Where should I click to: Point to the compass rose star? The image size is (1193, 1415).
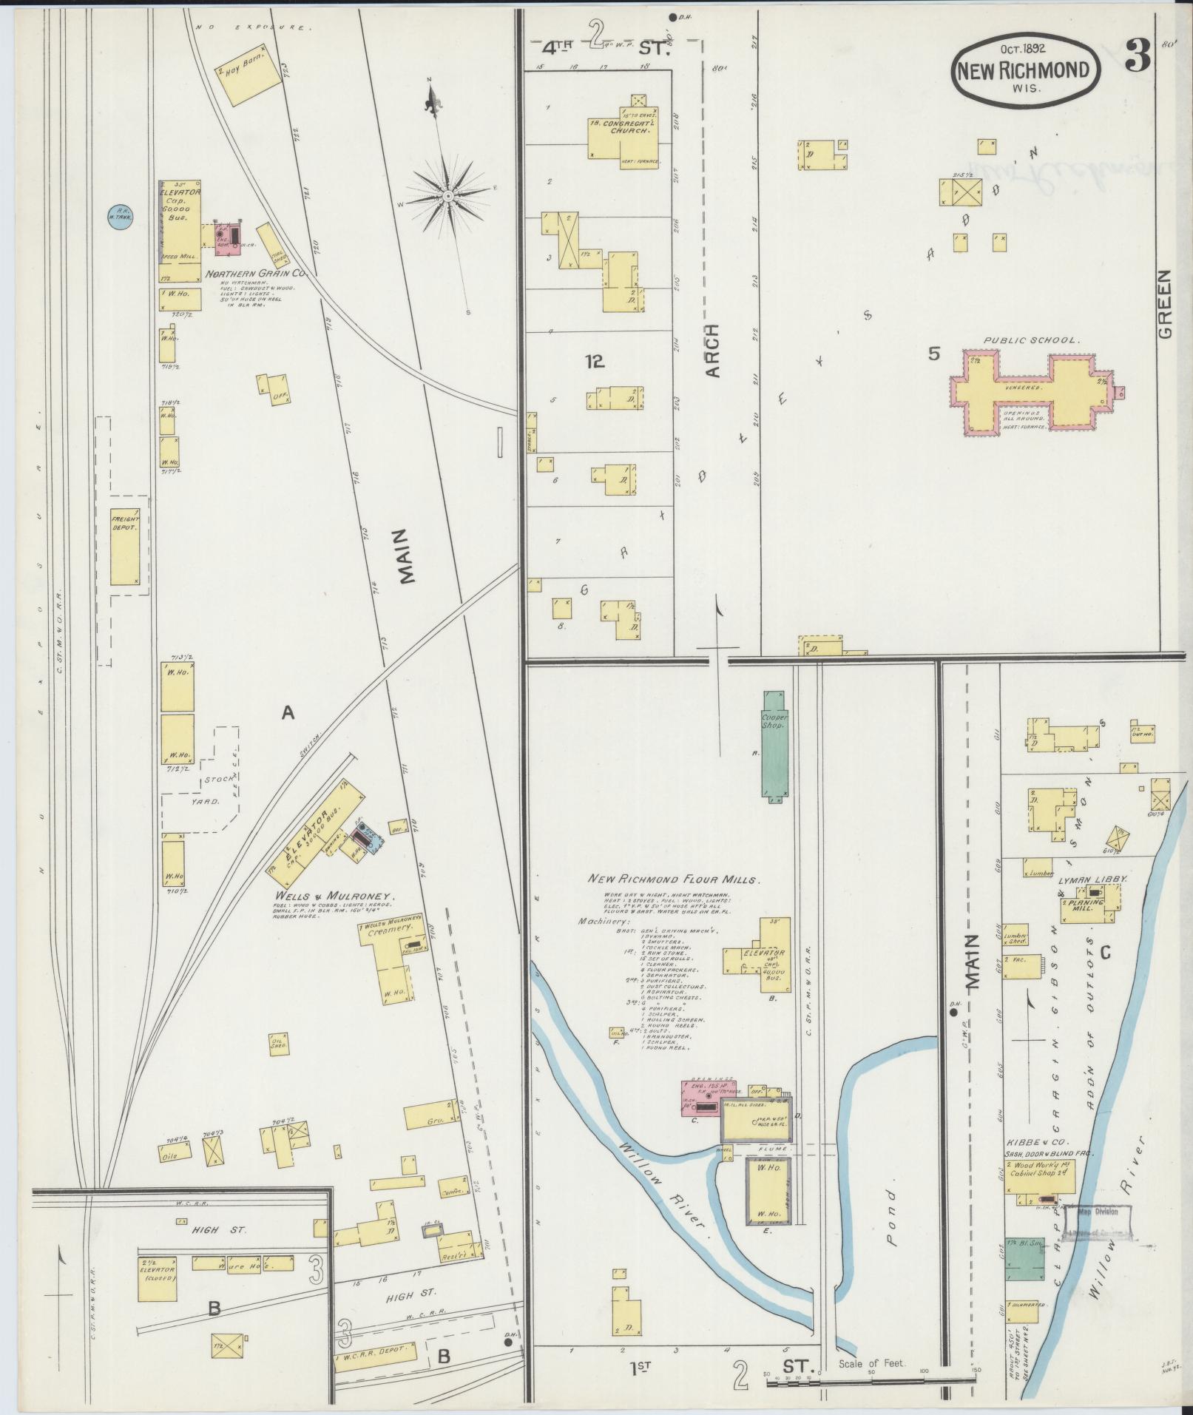pyautogui.click(x=448, y=197)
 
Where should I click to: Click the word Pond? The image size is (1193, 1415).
pyautogui.click(x=893, y=1229)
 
